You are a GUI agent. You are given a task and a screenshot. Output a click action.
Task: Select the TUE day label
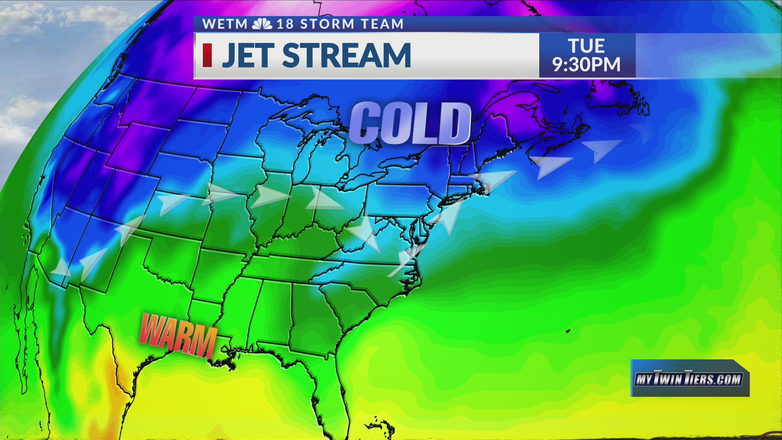tap(586, 46)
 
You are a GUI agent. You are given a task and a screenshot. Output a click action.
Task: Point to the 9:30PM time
tap(586, 65)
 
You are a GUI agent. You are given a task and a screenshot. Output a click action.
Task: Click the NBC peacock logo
tap(262, 24)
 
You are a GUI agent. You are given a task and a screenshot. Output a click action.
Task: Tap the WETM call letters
tap(225, 24)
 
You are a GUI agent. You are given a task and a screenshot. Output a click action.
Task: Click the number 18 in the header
tap(285, 24)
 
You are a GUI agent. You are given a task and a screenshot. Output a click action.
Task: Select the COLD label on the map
tap(410, 123)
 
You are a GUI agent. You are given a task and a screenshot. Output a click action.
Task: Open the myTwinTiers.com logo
tap(689, 379)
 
